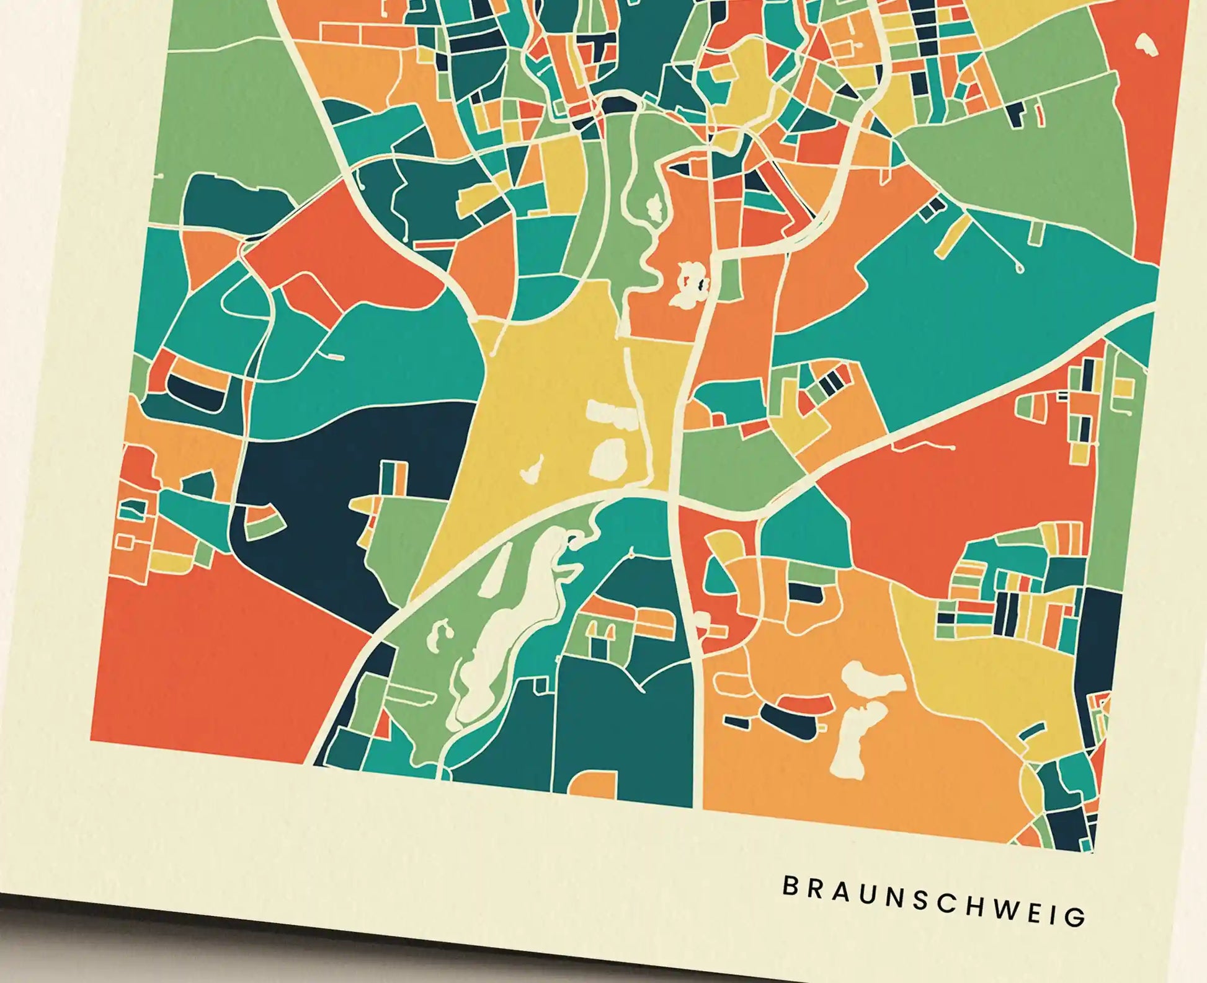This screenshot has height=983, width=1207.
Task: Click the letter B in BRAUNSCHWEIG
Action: (x=790, y=886)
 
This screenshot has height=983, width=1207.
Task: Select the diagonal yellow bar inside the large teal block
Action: (x=951, y=236)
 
